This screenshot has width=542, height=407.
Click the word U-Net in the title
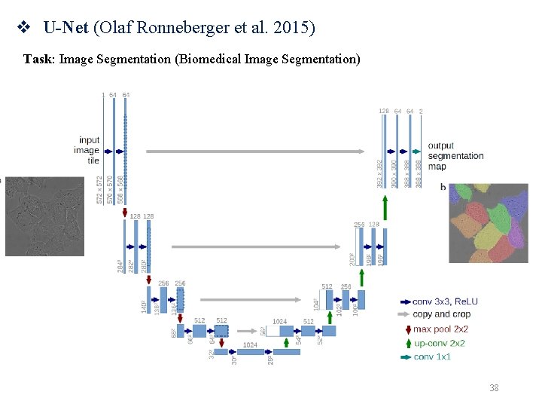point(65,29)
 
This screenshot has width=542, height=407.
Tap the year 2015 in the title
point(296,29)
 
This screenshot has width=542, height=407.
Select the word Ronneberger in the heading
point(181,29)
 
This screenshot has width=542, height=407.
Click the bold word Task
point(38,59)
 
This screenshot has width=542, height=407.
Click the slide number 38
point(494,388)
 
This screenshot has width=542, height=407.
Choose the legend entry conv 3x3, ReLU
point(445,301)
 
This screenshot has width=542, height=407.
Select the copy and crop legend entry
point(440,314)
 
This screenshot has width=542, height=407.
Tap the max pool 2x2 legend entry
point(440,329)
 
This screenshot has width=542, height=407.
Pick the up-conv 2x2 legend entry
point(440,343)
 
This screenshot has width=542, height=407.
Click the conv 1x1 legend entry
point(432,357)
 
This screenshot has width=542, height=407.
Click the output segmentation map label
point(455,156)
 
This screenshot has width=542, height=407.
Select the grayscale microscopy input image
point(44,216)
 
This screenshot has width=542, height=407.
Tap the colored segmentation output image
point(489,223)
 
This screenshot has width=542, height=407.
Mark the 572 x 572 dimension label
point(100,189)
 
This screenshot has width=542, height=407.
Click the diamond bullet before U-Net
point(23,29)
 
